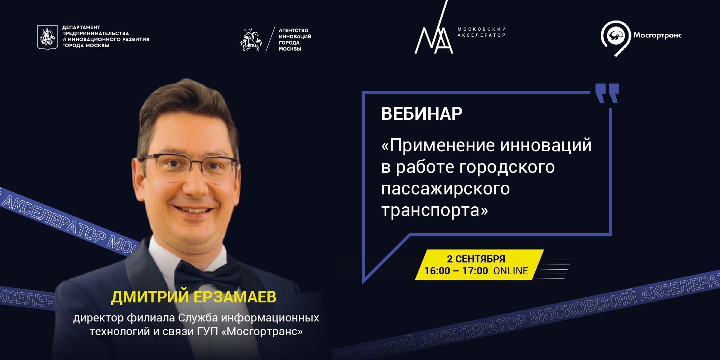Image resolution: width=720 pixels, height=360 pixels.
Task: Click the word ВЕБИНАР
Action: pyautogui.click(x=422, y=114)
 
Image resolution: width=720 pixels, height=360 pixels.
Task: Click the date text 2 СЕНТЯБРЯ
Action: pyautogui.click(x=476, y=259)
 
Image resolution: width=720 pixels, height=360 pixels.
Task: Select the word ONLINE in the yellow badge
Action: pyautogui.click(x=510, y=271)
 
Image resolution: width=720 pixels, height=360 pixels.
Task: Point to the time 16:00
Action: pyautogui.click(x=437, y=271)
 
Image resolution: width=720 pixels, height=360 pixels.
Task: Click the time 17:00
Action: pyautogui.click(x=475, y=271)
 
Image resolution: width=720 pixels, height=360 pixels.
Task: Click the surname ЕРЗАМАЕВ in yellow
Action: pyautogui.click(x=235, y=297)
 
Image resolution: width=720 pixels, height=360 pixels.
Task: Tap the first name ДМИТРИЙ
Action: pyautogui.click(x=150, y=297)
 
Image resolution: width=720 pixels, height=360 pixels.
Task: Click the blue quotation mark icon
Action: pyautogui.click(x=607, y=93)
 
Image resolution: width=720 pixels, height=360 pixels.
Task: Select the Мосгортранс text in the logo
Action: pyautogui.click(x=657, y=35)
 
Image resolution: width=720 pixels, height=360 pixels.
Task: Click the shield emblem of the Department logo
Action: pyautogui.click(x=48, y=37)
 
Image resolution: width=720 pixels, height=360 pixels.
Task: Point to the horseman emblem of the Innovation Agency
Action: pyautogui.click(x=251, y=40)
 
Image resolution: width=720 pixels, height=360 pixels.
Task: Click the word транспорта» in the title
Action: pyautogui.click(x=435, y=210)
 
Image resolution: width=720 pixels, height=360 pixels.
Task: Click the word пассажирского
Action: pyautogui.click(x=445, y=189)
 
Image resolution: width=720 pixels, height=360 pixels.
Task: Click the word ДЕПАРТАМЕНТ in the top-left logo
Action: pyautogui.click(x=81, y=27)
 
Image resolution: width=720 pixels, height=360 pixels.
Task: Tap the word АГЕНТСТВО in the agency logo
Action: pyautogui.click(x=293, y=31)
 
